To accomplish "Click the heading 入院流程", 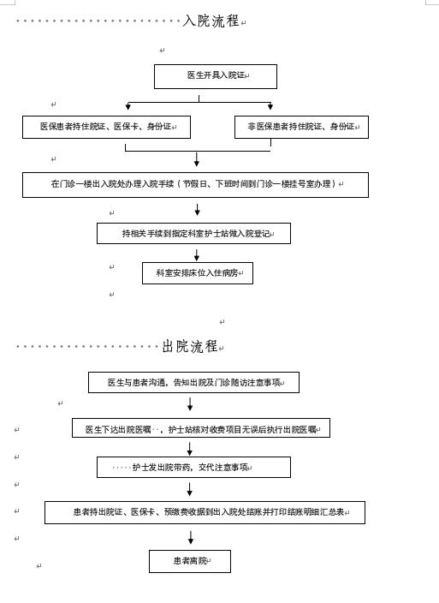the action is point(211,21).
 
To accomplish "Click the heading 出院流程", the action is point(190,346).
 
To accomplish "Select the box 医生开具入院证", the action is point(216,76).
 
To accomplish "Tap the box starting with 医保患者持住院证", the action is point(106,127).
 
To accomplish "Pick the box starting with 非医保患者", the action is point(301,127).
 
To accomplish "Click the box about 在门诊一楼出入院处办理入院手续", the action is point(195,185).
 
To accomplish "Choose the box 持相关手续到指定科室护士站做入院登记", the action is point(193,234).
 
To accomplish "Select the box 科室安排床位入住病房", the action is point(198,273).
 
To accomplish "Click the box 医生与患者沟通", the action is point(193,382).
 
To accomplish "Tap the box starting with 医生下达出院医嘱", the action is point(201,427).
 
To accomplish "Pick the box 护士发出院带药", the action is point(193,468).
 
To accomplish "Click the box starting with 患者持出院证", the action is point(205,512).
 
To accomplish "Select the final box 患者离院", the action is point(190,561).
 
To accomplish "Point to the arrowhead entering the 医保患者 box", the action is point(128,106).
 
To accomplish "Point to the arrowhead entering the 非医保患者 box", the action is point(270,106).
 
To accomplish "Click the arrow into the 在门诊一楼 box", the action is point(197,159).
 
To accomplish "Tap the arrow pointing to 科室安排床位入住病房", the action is point(197,255).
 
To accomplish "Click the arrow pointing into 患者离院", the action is point(191,537).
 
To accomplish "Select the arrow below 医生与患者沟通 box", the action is point(190,404).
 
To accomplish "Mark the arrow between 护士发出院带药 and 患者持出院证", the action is point(189,489).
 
